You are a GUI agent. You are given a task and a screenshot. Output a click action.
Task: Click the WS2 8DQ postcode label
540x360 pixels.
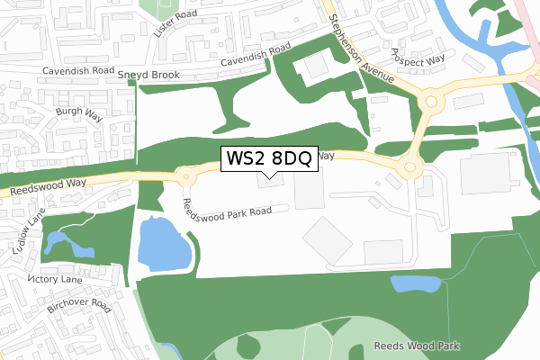[269, 159]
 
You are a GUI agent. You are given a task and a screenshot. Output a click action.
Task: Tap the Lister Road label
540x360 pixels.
[175, 22]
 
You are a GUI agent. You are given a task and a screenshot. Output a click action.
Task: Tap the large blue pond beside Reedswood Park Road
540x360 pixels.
[164, 245]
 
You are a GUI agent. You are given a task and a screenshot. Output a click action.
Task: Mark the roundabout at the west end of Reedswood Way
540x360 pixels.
[186, 175]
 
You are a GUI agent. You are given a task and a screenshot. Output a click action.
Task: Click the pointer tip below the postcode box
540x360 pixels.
[269, 177]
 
